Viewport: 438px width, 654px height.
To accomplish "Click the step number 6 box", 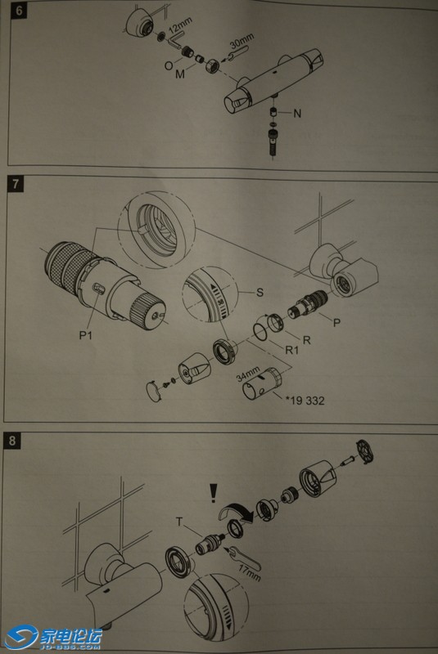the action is [19, 10].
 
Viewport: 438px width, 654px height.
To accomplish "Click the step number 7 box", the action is [16, 183].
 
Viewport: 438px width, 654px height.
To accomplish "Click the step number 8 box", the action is [12, 441].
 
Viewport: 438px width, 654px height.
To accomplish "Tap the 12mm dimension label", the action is [180, 26].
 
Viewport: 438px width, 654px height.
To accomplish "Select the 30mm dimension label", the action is [242, 40].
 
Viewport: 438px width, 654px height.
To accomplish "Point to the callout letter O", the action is [169, 65].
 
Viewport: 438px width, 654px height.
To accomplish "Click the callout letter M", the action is [180, 74].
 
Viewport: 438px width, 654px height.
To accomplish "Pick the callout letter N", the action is [297, 114].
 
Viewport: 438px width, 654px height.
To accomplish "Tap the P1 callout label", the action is [86, 335].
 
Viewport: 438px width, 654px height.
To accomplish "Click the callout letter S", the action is [260, 292].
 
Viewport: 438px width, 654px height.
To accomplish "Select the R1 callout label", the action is [291, 350].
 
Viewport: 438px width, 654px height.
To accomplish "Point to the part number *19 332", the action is [305, 401].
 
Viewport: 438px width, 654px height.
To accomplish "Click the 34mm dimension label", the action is [247, 374].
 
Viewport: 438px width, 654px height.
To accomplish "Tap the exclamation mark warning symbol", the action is [214, 493].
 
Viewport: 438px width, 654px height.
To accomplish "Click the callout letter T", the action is [179, 522].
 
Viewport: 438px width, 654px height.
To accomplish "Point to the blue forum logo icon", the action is [21, 637].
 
